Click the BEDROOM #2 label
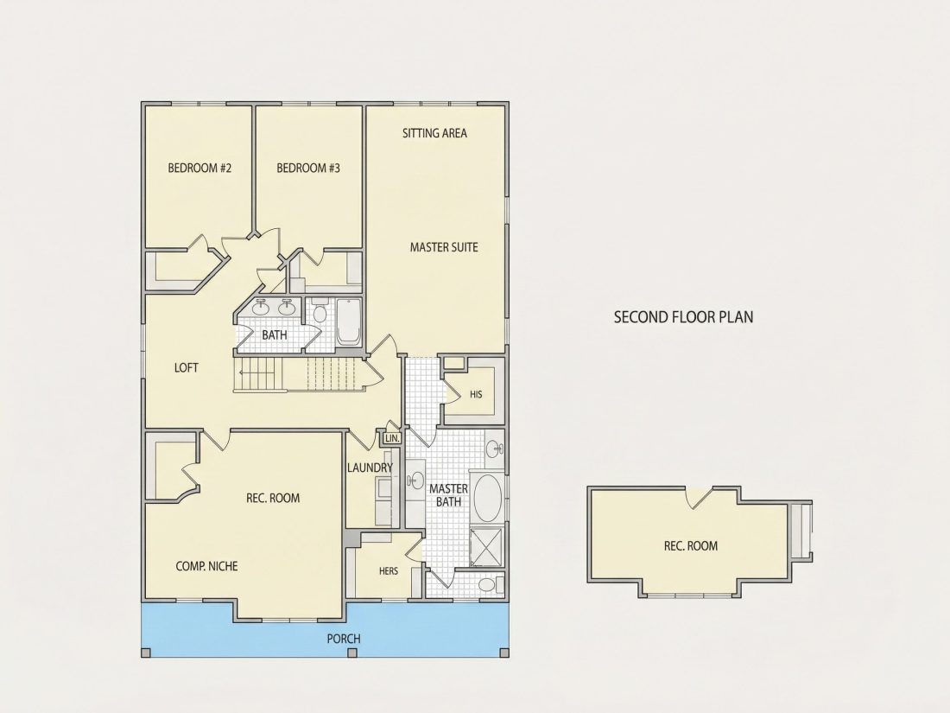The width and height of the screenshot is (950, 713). tap(200, 168)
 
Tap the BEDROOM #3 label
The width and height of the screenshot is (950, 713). tap(308, 168)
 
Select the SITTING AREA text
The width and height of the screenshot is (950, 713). tap(434, 133)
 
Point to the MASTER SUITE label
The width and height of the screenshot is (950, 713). tap(444, 247)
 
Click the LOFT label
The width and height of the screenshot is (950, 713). tap(186, 367)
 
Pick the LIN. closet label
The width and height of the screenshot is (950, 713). tap(392, 438)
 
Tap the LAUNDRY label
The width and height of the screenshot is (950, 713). tap(370, 468)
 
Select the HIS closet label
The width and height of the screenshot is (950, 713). tap(476, 395)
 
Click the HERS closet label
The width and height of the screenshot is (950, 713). tap(389, 571)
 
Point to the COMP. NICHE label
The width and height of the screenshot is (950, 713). tap(206, 566)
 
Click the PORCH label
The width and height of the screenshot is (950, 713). tap(344, 639)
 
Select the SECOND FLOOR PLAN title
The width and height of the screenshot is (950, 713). tap(683, 317)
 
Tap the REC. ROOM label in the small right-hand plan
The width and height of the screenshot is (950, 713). tap(691, 545)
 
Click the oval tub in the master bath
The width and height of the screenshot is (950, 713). tap(487, 499)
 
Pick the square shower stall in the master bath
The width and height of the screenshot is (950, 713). tap(486, 547)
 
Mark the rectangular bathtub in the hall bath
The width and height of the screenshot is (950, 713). tap(348, 322)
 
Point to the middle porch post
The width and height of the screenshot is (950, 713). tap(352, 653)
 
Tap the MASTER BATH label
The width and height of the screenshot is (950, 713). tap(448, 495)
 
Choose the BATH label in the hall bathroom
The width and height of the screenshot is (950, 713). tap(275, 334)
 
